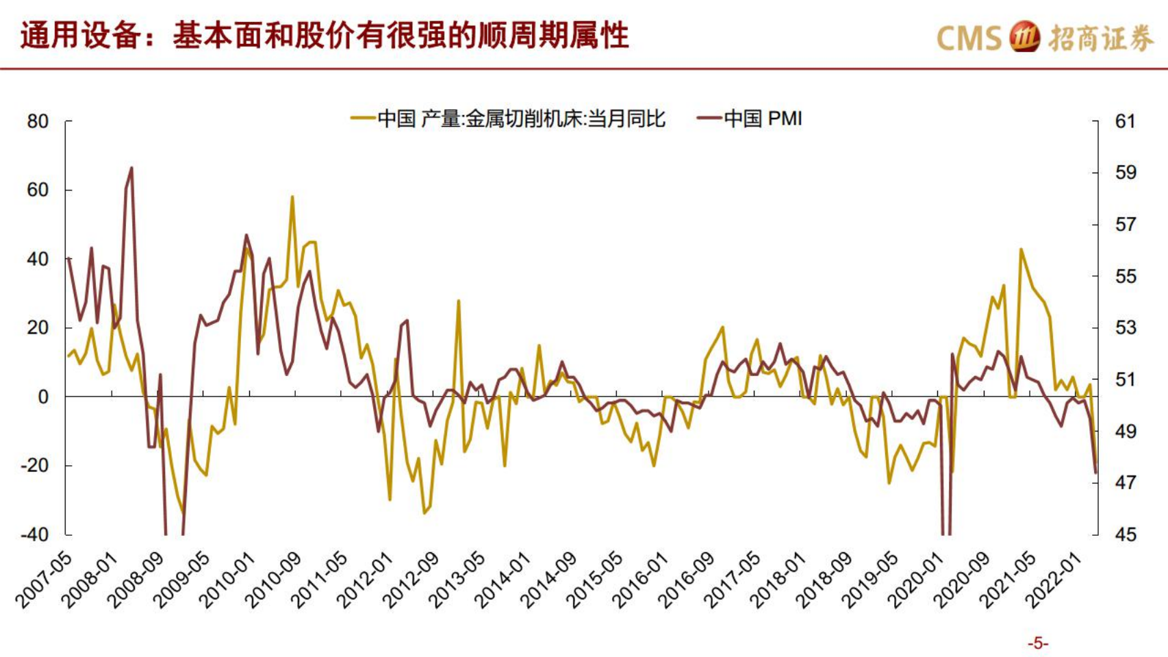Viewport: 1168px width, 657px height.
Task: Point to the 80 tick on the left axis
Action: pos(38,121)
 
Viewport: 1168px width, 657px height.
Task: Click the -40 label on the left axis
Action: pos(35,534)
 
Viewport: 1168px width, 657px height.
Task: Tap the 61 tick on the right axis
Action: pos(1125,121)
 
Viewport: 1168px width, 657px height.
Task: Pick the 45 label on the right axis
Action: pos(1125,534)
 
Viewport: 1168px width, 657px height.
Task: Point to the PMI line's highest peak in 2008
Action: pos(131,168)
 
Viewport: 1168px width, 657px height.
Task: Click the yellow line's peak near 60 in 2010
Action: pos(292,197)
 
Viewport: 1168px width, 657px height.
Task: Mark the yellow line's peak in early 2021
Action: pos(1021,249)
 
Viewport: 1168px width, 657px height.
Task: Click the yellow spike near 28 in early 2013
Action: pos(459,301)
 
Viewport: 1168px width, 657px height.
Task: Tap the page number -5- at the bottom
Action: pos(1038,643)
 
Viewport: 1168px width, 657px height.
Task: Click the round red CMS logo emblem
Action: pos(1025,37)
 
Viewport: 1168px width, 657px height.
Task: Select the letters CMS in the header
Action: pos(969,38)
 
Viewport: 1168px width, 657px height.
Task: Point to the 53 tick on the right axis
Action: pos(1125,327)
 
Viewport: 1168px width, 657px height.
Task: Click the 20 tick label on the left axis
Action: pos(38,327)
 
